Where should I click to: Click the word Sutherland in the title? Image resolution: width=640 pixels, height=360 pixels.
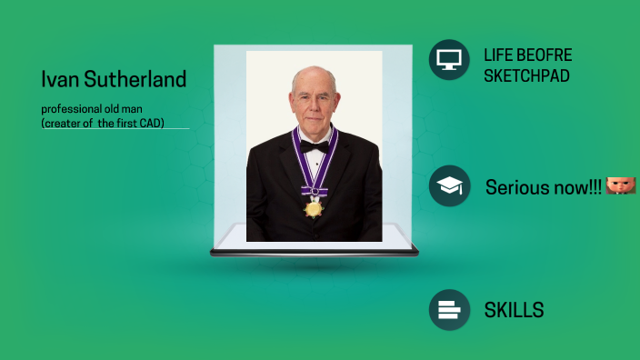point(132,79)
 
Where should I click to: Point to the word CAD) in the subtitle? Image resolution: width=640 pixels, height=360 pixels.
point(149,122)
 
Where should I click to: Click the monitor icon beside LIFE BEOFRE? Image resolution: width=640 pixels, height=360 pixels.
point(448,60)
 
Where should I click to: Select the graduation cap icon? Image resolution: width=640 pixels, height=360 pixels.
point(448,185)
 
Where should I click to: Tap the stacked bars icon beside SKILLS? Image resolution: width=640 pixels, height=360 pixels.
point(448,310)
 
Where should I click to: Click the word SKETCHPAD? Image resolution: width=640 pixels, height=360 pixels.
point(526,75)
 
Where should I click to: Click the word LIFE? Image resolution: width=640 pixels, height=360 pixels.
point(498,55)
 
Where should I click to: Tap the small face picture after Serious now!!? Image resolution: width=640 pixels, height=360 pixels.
point(620,185)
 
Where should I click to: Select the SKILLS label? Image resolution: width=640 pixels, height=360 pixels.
point(514,310)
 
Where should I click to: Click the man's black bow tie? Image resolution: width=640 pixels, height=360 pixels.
point(315,146)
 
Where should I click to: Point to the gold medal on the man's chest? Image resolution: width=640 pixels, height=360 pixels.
point(314,208)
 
